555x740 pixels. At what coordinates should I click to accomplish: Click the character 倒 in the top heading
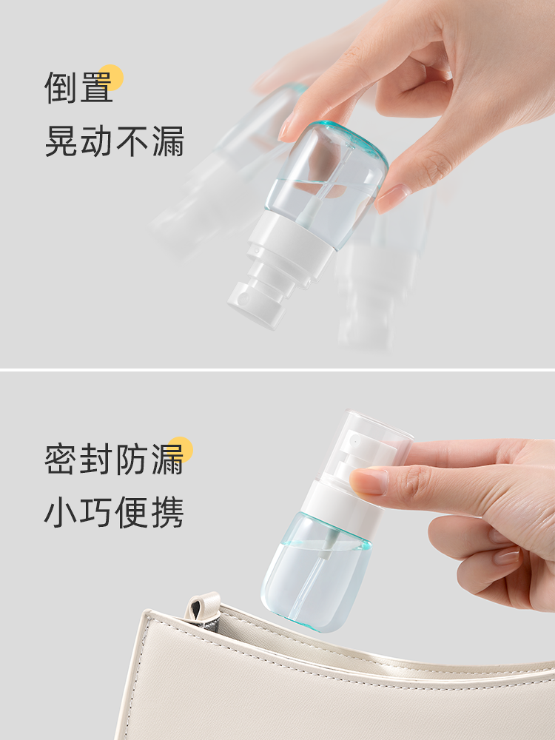point(61,87)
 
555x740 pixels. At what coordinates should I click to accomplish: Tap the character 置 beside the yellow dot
point(96,87)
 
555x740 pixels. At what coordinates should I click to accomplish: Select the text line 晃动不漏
point(114,141)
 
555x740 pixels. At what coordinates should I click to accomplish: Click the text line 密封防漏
point(114,459)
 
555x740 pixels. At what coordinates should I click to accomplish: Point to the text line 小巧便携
point(114,512)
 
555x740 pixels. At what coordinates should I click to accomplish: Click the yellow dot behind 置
point(111,78)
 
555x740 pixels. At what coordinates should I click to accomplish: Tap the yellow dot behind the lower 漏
point(181,449)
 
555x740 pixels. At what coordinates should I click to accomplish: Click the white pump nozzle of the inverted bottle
point(258,304)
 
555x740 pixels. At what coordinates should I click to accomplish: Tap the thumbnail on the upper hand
point(392,198)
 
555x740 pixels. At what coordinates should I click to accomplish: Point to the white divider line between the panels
point(277,369)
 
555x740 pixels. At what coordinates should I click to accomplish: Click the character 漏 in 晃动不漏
point(168,141)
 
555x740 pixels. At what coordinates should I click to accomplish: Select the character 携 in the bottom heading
point(168,512)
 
